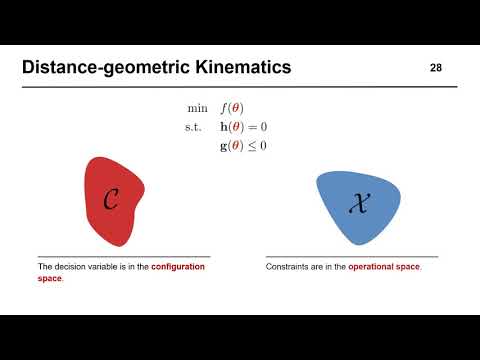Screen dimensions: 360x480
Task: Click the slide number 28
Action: point(435,68)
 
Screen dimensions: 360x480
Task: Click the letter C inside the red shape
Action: point(112,201)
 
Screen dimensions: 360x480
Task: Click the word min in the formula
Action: point(196,108)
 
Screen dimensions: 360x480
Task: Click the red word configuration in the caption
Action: point(178,267)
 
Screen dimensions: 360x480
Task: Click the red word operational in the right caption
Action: point(375,267)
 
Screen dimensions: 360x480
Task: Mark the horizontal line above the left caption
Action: point(123,257)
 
